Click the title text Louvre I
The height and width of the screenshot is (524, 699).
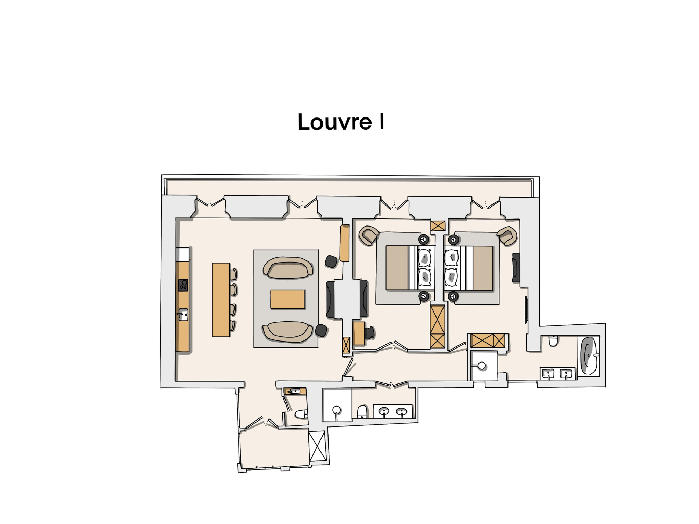(x=341, y=122)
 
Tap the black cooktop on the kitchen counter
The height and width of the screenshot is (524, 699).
(x=183, y=285)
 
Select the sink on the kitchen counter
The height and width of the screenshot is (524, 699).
(x=183, y=314)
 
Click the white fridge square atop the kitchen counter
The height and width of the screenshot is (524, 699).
(x=182, y=254)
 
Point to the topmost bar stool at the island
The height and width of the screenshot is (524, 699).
(x=233, y=274)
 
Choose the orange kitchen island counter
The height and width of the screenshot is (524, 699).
(x=221, y=300)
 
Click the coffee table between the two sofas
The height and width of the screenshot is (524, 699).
(x=287, y=299)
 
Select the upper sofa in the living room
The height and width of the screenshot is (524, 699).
(x=288, y=268)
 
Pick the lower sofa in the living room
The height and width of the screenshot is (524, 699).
(x=287, y=331)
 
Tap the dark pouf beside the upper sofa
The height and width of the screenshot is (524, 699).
(x=331, y=261)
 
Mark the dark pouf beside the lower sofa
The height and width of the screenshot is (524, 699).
(x=321, y=330)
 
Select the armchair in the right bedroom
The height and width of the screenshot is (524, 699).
(x=507, y=236)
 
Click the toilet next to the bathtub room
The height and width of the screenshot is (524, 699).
(x=553, y=340)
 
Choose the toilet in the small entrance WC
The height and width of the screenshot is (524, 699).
(x=301, y=414)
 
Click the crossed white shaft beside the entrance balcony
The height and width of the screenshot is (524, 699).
(x=317, y=446)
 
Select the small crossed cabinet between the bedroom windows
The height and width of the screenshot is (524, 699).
(x=438, y=226)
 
